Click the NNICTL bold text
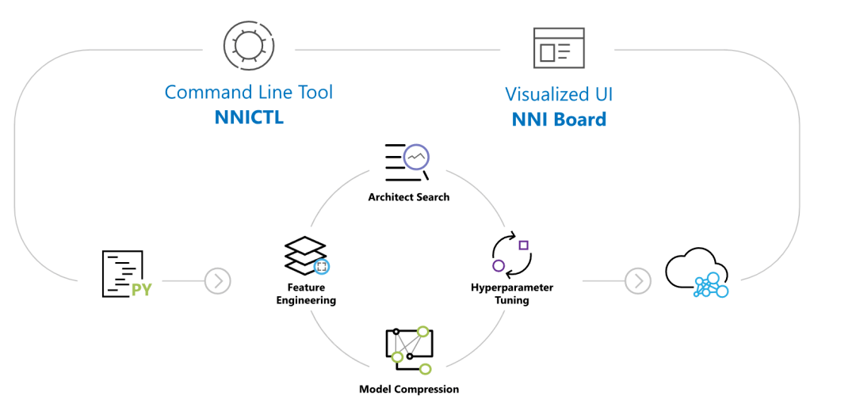[x=249, y=118]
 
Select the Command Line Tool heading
[x=249, y=92]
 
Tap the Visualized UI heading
[x=559, y=94]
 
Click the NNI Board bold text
[x=559, y=120]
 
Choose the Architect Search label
[x=408, y=196]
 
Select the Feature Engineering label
[x=306, y=294]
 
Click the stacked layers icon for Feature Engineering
[x=306, y=256]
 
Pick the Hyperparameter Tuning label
[x=512, y=294]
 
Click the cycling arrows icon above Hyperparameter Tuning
[x=511, y=253]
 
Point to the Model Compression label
[x=408, y=389]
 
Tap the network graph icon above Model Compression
[x=408, y=348]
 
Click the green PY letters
[x=142, y=290]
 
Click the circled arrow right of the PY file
[x=217, y=280]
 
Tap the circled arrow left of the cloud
[x=637, y=280]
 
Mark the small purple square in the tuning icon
[x=523, y=245]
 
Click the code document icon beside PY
[x=120, y=273]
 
